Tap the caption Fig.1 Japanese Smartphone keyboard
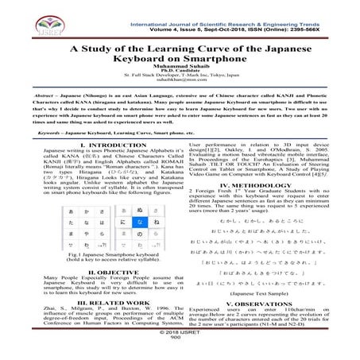click(87, 253)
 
